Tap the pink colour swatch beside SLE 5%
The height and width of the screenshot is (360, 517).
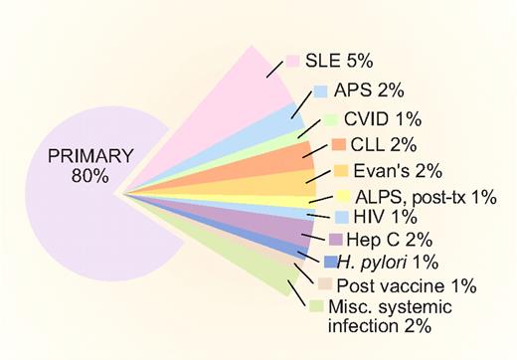click(x=293, y=62)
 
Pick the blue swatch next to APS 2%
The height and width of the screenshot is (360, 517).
click(x=320, y=91)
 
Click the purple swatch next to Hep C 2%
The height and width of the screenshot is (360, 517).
click(x=335, y=240)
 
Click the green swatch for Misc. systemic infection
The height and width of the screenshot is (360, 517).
click(x=315, y=306)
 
